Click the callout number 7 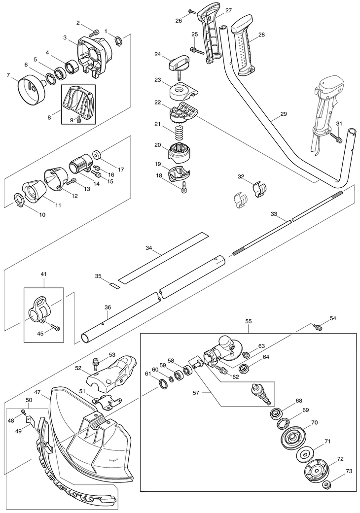point(8,75)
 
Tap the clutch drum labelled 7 point(31,90)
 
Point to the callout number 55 point(248,321)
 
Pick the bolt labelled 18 point(184,187)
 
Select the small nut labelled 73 point(326,485)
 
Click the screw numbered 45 point(55,328)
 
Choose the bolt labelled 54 point(318,326)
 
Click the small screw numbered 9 point(79,120)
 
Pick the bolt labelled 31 point(339,139)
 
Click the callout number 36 point(108,308)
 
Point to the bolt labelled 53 point(96,362)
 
